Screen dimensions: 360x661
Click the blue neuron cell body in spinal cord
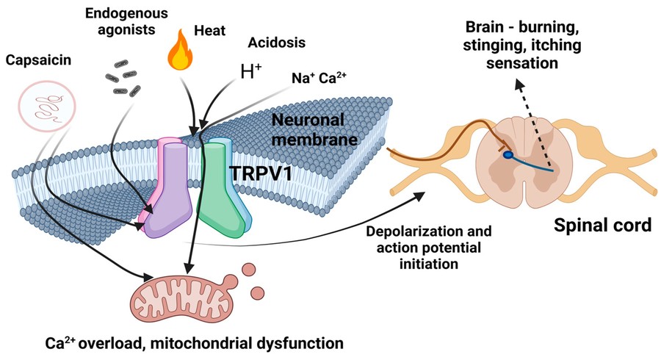click(x=508, y=156)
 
